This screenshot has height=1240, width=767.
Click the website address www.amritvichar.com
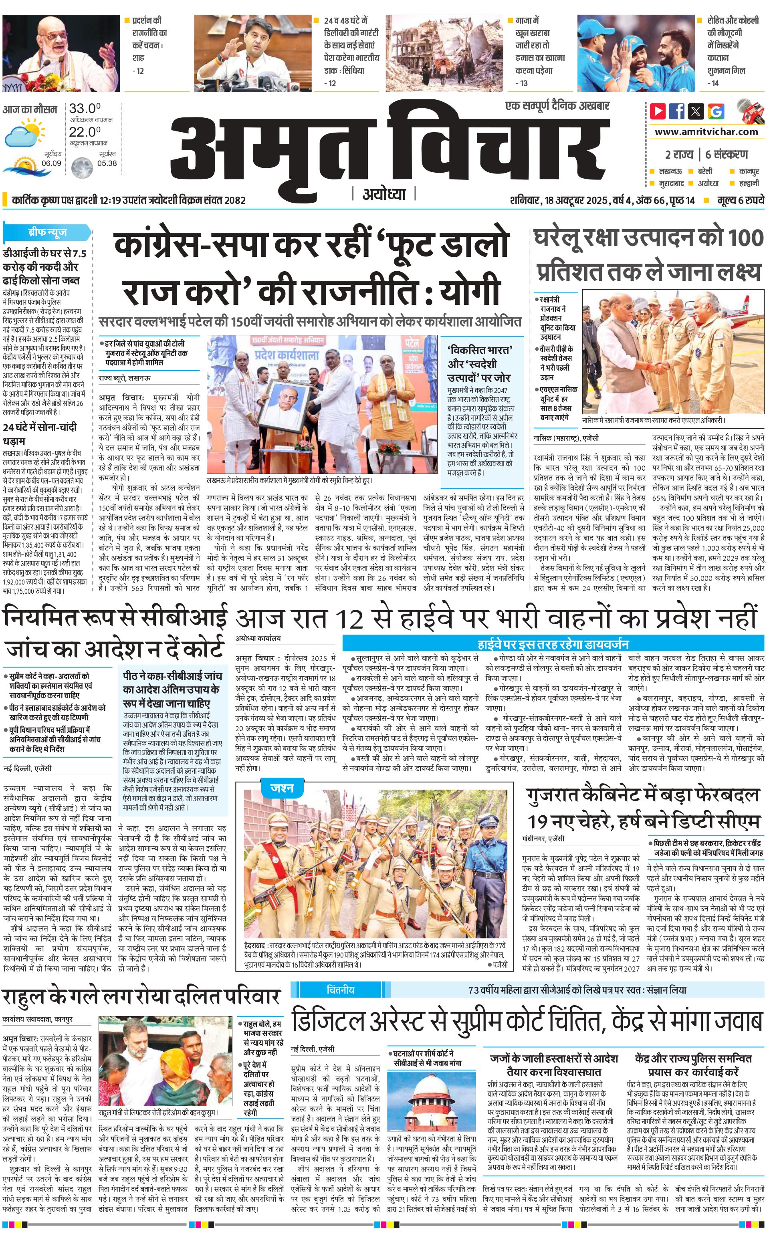pyautogui.click(x=706, y=132)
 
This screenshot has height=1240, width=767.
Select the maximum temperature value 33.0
pyautogui.click(x=84, y=109)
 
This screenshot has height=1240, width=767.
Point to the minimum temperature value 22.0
pyautogui.click(x=84, y=132)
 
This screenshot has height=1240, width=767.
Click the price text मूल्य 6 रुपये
pyautogui.click(x=740, y=200)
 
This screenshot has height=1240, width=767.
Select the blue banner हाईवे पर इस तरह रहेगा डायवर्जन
pyautogui.click(x=553, y=644)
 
